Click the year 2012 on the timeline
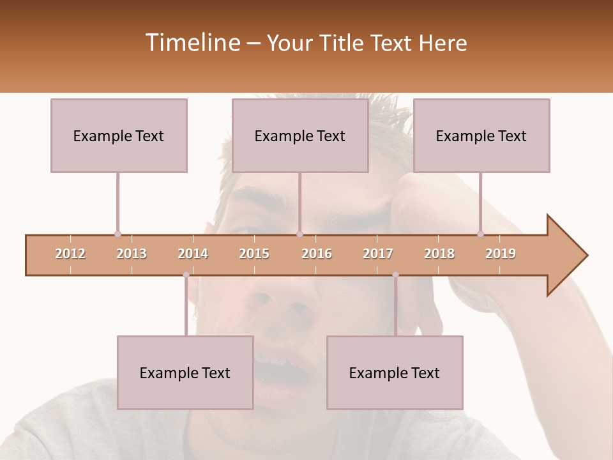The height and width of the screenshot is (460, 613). click(70, 254)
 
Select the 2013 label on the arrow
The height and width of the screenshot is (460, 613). click(132, 254)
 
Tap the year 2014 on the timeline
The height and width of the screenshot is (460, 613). click(193, 254)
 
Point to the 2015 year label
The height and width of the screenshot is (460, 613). click(254, 254)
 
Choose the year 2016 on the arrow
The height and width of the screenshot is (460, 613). click(317, 254)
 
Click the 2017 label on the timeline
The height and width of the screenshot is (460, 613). click(378, 254)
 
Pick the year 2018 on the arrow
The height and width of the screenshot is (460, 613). click(439, 254)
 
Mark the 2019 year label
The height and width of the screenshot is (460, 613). click(501, 254)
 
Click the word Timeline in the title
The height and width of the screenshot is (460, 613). click(192, 43)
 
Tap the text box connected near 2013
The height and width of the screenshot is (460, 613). click(119, 135)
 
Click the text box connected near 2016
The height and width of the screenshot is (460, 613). click(300, 135)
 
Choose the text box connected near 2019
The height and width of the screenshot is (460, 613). click(481, 135)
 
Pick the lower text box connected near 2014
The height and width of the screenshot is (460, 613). click(185, 372)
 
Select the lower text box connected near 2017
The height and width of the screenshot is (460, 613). click(395, 372)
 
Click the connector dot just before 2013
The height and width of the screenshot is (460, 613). click(117, 234)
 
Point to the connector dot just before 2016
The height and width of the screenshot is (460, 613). click(300, 234)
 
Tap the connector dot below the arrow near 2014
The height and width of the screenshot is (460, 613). click(186, 275)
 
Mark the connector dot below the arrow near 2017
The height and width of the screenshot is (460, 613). click(395, 275)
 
